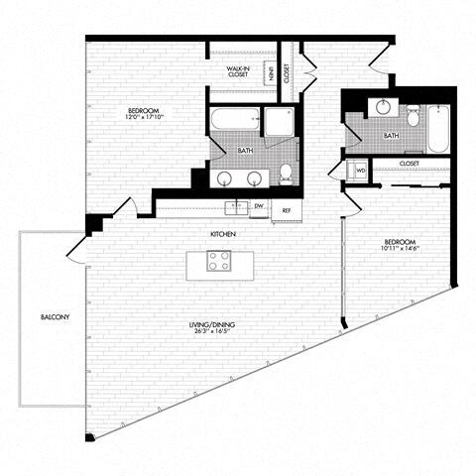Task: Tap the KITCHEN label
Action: click(x=222, y=234)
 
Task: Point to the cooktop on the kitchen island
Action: click(x=218, y=263)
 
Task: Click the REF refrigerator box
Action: click(x=287, y=209)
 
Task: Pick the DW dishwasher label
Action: click(x=258, y=206)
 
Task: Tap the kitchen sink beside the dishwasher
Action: click(x=236, y=206)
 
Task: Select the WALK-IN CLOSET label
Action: click(x=237, y=71)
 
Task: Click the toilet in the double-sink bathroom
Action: click(x=286, y=174)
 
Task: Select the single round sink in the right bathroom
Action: click(x=381, y=108)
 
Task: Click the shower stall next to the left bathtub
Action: click(x=279, y=123)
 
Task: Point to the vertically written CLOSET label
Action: click(x=287, y=71)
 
